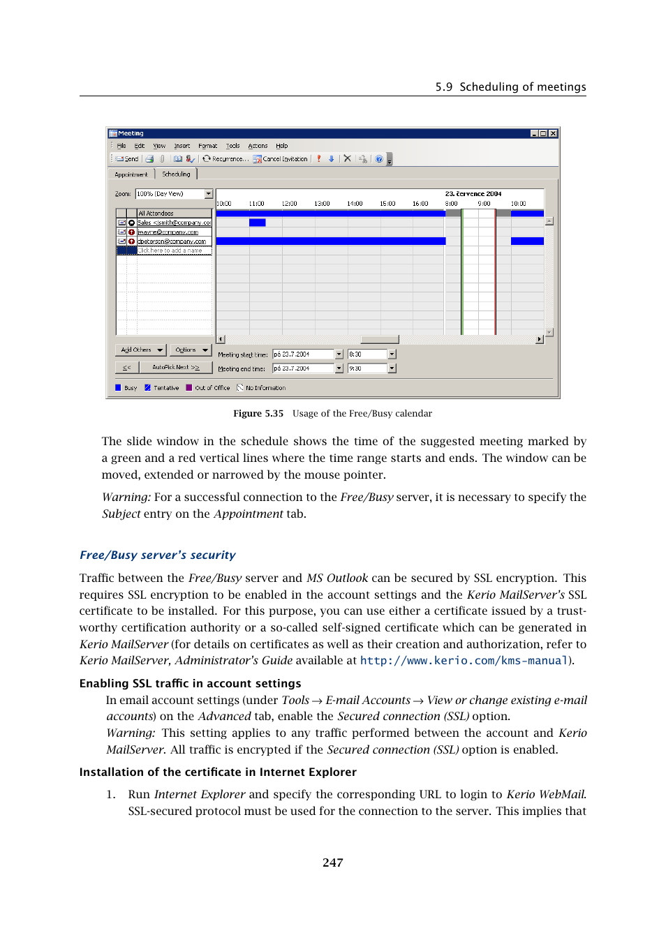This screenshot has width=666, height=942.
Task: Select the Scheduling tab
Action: pos(176,174)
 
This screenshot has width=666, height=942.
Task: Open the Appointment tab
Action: pos(131,174)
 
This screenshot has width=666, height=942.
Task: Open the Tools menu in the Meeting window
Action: pos(232,146)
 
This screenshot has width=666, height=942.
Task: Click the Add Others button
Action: pos(140,350)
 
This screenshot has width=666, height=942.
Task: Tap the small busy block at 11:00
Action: pos(257,223)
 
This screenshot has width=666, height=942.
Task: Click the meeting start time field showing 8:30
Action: pos(367,354)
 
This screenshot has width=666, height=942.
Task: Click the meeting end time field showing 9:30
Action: pos(367,368)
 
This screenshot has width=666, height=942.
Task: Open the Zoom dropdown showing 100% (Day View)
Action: pos(174,194)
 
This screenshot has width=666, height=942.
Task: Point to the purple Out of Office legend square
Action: pos(189,388)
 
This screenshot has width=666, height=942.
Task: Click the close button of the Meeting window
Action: pos(553,133)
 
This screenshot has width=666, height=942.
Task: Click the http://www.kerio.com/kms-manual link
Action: pos(464,661)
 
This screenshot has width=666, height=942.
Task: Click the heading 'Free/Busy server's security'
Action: pos(157,555)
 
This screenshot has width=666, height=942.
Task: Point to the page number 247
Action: pos(332,862)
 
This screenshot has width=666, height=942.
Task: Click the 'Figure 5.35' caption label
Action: pos(258,414)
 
